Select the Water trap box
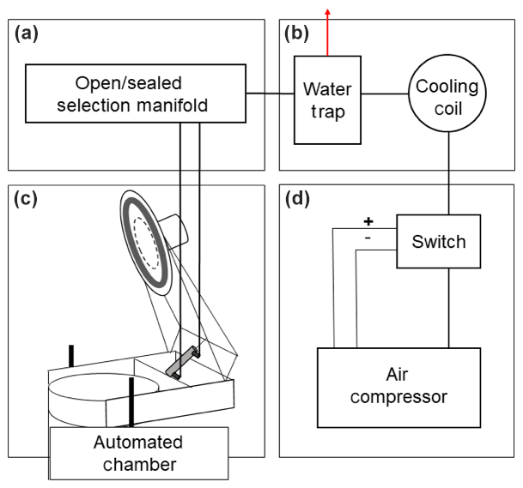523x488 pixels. click(328, 99)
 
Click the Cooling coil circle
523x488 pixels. click(447, 98)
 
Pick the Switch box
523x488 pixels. click(439, 242)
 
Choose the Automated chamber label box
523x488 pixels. click(138, 453)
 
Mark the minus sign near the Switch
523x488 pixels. click(368, 239)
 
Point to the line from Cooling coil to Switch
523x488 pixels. click(447, 172)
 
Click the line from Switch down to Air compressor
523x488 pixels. click(447, 308)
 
